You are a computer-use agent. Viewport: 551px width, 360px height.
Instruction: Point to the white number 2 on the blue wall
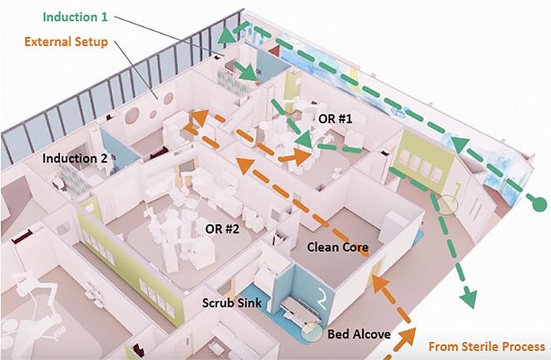pos(322,298)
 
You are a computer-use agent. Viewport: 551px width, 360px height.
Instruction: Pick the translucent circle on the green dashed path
pos(448,205)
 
